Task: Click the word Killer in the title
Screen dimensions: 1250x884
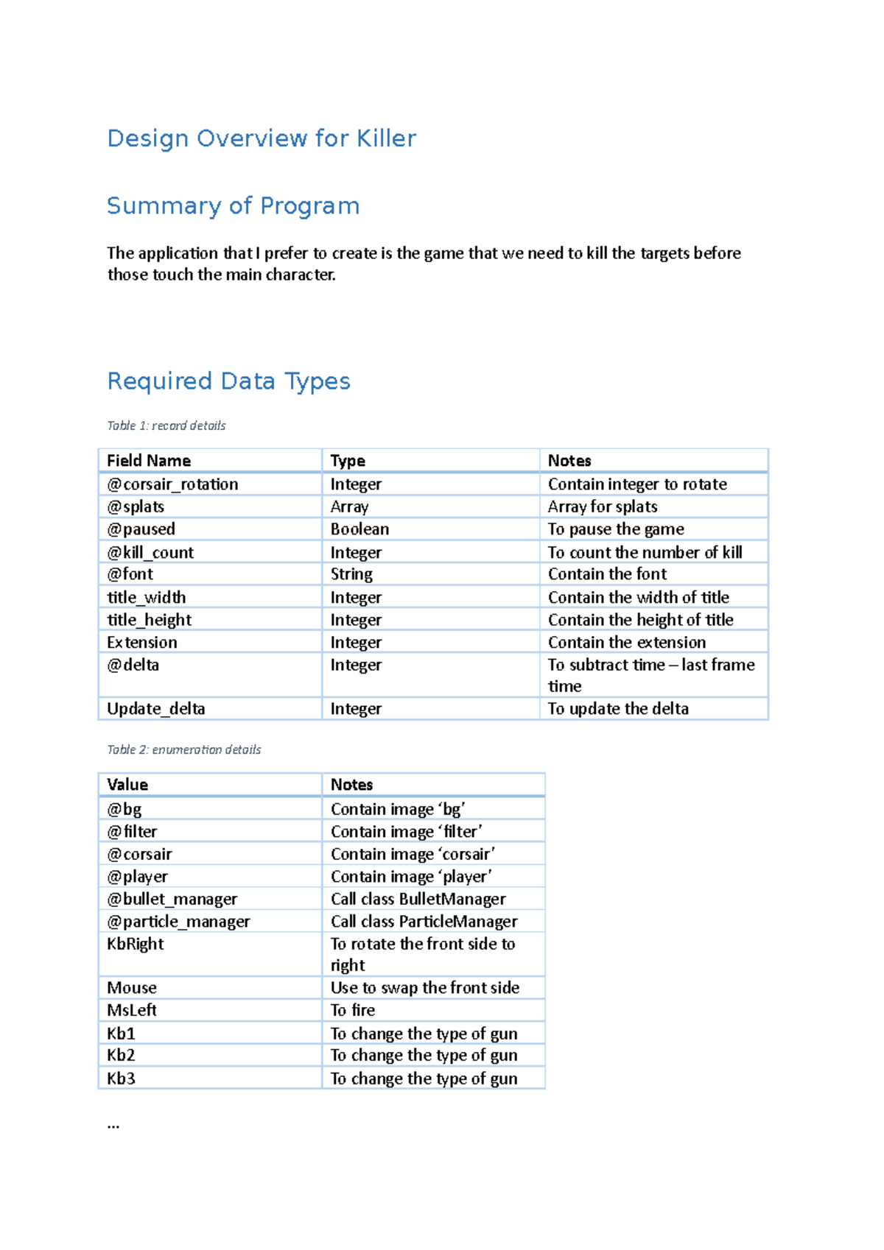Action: tap(386, 138)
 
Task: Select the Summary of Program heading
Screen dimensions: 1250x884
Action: tap(233, 206)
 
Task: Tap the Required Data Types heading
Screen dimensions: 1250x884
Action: tap(228, 381)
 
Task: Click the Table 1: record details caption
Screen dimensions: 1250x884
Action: tap(166, 426)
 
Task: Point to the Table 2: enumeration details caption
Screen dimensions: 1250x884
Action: tap(184, 749)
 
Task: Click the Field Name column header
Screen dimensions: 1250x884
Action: tap(149, 461)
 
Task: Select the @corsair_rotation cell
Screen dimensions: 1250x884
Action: tap(172, 484)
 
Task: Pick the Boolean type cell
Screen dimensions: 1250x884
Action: tap(359, 529)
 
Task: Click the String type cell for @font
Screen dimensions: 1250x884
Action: tap(351, 574)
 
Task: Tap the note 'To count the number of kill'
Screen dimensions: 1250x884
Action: tap(645, 552)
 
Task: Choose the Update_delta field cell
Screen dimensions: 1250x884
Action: tap(156, 709)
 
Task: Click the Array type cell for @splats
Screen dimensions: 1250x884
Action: tap(349, 506)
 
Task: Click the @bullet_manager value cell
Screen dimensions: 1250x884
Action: tap(172, 900)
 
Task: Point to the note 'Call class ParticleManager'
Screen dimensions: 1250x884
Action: tap(424, 922)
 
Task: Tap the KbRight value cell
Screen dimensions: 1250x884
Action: tap(136, 944)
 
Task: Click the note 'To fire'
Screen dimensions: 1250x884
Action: tap(353, 1011)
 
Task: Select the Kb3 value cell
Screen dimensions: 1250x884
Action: tap(121, 1078)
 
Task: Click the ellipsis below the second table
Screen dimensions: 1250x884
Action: tap(113, 1125)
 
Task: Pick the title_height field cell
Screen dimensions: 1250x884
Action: tap(150, 620)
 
